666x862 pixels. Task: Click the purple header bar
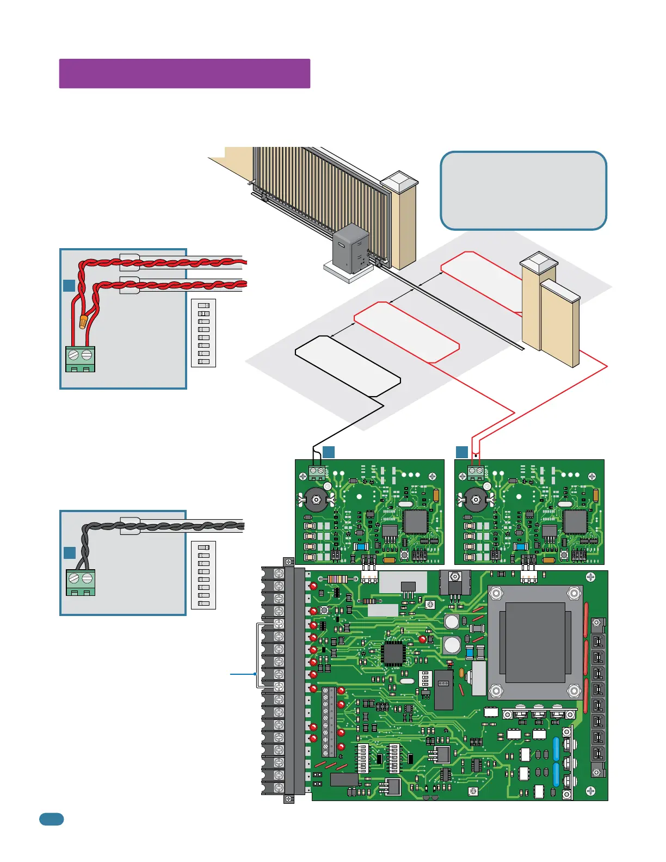point(184,73)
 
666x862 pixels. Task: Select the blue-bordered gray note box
point(523,190)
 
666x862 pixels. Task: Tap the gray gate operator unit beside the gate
point(351,249)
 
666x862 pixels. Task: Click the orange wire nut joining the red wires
point(83,321)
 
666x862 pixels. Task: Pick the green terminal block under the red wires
point(80,359)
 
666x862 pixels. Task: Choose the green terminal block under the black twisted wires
point(81,582)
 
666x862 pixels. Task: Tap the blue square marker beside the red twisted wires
point(69,285)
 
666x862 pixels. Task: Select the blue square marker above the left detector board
point(329,452)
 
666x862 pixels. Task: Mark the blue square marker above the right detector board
point(462,452)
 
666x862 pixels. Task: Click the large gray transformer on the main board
point(535,642)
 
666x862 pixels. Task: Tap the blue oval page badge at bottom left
point(52,819)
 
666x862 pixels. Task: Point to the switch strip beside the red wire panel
point(203,333)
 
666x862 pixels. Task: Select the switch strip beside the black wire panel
point(203,575)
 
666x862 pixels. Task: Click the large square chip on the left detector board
point(416,521)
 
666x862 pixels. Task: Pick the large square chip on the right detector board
point(576,521)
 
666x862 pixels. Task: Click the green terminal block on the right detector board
point(476,471)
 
